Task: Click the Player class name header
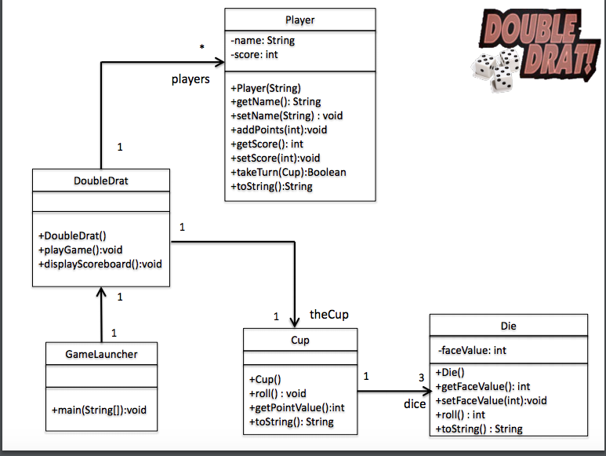300,19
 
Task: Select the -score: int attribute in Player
254,54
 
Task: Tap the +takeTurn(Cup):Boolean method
288,172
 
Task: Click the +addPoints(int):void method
278,130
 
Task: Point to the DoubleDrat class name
101,181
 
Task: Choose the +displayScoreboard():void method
100,264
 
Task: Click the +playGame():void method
81,250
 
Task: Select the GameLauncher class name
101,354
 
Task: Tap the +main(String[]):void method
100,410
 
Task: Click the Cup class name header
300,340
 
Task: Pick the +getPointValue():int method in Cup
296,407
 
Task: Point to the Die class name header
508,326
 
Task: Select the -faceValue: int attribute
472,350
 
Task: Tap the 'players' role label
191,79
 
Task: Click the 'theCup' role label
329,314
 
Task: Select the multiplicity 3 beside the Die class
421,378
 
